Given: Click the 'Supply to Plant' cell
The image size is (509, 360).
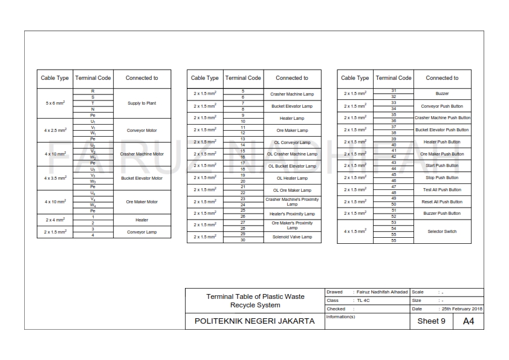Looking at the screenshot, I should [x=142, y=103].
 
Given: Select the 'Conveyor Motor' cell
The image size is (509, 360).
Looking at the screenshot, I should [x=142, y=130].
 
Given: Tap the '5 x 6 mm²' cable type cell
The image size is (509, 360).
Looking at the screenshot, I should [x=55, y=103].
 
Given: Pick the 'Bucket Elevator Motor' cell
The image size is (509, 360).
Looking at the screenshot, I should [x=142, y=178].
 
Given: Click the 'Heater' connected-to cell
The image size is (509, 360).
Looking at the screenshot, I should [x=142, y=220].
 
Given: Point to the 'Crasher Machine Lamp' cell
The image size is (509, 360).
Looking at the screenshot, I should [x=292, y=94].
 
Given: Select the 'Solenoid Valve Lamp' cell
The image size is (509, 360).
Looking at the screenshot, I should [x=292, y=237].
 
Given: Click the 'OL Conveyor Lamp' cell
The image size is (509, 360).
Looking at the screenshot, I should [x=292, y=142].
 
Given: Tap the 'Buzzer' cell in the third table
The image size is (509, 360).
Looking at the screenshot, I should [x=442, y=94].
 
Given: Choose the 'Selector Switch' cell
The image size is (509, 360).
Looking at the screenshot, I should [x=442, y=232].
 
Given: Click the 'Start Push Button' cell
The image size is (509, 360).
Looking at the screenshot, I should [x=442, y=166].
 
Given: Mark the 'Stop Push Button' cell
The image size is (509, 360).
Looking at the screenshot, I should [x=442, y=178].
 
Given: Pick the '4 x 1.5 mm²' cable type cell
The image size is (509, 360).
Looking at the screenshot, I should [x=355, y=232].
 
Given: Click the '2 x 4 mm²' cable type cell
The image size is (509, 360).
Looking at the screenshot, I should [x=55, y=220].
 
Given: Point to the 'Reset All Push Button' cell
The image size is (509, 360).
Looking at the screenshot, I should [x=442, y=201].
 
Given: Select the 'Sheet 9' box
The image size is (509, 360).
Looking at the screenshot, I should [x=432, y=321].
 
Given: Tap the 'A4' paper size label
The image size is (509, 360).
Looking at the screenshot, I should [x=468, y=321].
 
